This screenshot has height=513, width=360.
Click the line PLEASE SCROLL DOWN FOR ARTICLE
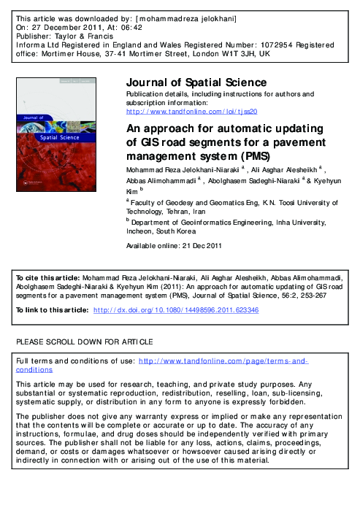(x=84, y=342)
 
